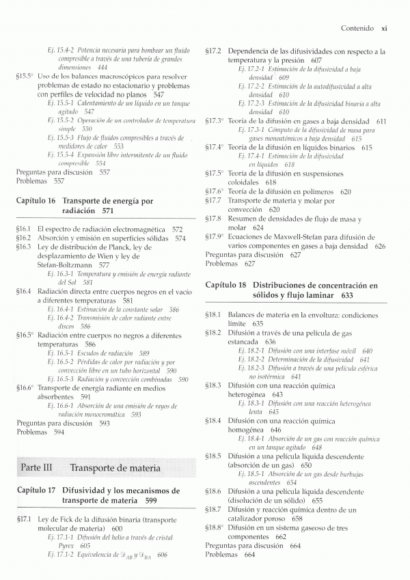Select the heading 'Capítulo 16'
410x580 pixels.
(36, 202)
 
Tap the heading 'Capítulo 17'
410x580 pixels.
(36, 491)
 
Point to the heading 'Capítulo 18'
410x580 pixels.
(226, 283)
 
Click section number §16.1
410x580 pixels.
(24, 229)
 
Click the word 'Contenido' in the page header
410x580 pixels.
(358, 29)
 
